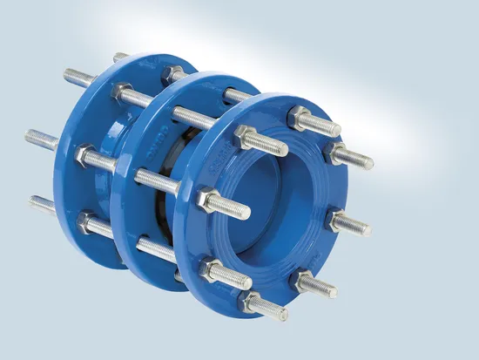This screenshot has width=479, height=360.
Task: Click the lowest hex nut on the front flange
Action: [x=253, y=302]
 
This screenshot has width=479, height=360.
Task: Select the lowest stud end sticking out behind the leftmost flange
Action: [x=39, y=206]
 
